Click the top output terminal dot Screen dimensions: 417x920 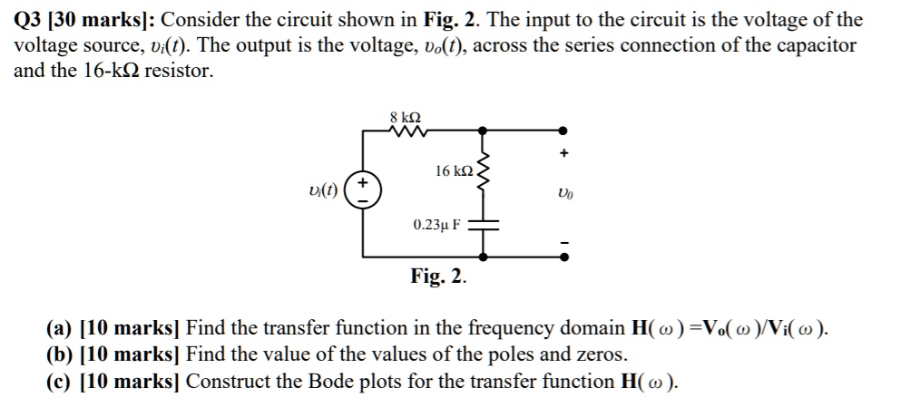563,131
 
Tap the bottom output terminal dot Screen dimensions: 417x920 563,257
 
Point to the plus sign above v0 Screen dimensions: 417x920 563,155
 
